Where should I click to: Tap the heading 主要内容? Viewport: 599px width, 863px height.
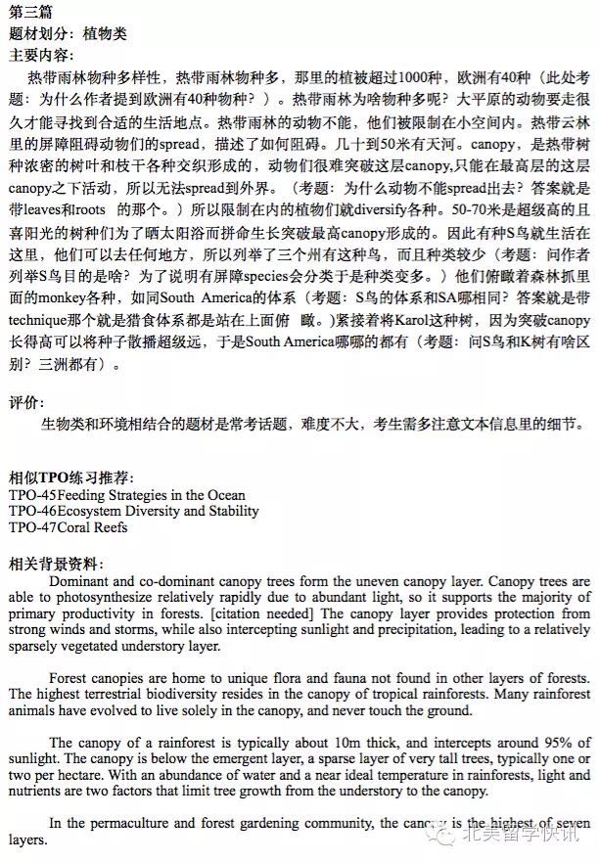[40, 54]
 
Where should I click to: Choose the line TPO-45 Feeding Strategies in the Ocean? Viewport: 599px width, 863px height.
[127, 494]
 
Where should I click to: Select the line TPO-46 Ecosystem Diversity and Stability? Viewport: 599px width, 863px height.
[134, 511]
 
